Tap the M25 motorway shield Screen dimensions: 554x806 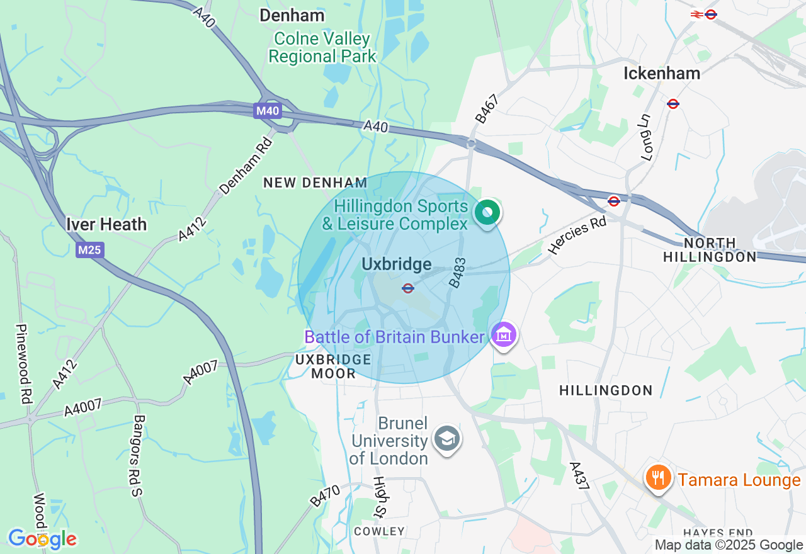click(x=90, y=250)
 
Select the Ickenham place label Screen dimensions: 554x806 click(x=661, y=73)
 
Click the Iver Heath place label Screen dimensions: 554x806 click(x=106, y=224)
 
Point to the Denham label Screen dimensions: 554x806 click(x=292, y=15)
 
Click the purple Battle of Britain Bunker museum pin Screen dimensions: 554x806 click(x=504, y=335)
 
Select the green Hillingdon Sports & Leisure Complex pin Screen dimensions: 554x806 click(x=487, y=213)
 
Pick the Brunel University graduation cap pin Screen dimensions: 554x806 click(x=447, y=439)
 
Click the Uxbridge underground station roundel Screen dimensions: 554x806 click(x=408, y=288)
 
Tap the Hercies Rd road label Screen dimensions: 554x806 click(x=577, y=236)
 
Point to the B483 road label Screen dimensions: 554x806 click(x=458, y=273)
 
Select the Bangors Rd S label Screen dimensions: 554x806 click(x=139, y=455)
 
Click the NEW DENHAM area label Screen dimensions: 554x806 click(x=315, y=183)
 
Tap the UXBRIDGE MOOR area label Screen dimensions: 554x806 click(x=333, y=366)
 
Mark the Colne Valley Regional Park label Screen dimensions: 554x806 click(x=322, y=47)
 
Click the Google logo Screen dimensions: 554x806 click(x=42, y=539)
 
